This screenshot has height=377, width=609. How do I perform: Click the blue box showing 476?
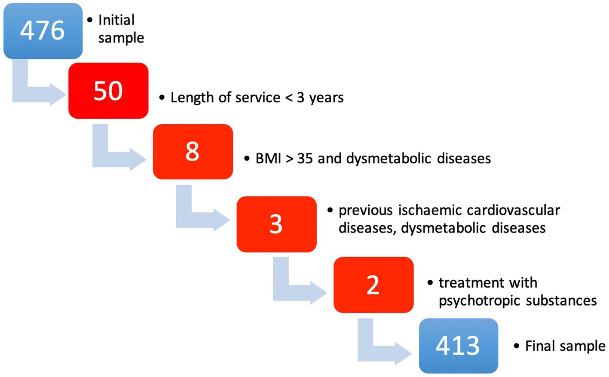click(43, 31)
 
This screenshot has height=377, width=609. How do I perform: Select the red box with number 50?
click(108, 91)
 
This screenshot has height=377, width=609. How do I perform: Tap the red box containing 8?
click(193, 151)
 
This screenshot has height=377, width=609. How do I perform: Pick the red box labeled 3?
click(276, 224)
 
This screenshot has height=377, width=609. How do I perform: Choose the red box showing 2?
click(373, 285)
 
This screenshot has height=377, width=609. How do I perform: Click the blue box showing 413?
click(459, 346)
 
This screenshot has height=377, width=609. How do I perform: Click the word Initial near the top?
click(116, 20)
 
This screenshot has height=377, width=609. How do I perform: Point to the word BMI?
click(268, 158)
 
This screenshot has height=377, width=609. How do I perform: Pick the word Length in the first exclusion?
click(192, 98)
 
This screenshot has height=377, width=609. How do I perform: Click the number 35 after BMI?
click(305, 158)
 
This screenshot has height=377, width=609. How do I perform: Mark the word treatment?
click(471, 283)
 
